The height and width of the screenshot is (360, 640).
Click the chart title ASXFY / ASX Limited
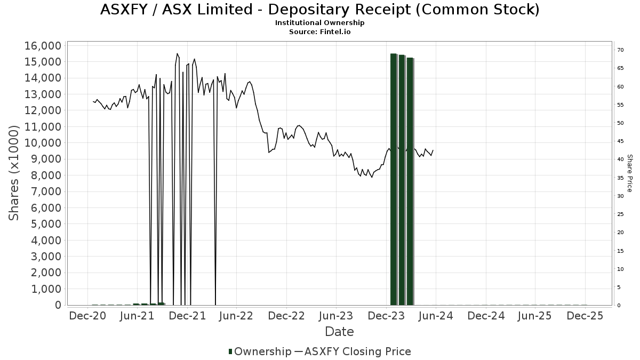[319, 10]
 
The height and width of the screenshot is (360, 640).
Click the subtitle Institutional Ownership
[319, 23]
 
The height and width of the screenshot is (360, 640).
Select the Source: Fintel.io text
[319, 31]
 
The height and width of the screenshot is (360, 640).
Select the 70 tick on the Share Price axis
[620, 50]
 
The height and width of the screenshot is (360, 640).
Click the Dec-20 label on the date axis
[87, 316]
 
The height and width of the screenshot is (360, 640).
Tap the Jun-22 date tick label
[236, 316]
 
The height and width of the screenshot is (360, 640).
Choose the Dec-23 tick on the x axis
[386, 316]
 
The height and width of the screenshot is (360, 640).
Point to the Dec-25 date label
[585, 316]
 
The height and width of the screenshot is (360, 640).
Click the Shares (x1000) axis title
[14, 173]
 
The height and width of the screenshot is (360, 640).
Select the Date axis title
[339, 332]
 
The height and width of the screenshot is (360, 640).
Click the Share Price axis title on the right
[629, 173]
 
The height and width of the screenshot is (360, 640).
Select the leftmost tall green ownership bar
[394, 179]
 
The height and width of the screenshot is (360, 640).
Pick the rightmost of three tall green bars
[410, 181]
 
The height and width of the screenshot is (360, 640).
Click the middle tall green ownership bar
[402, 180]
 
